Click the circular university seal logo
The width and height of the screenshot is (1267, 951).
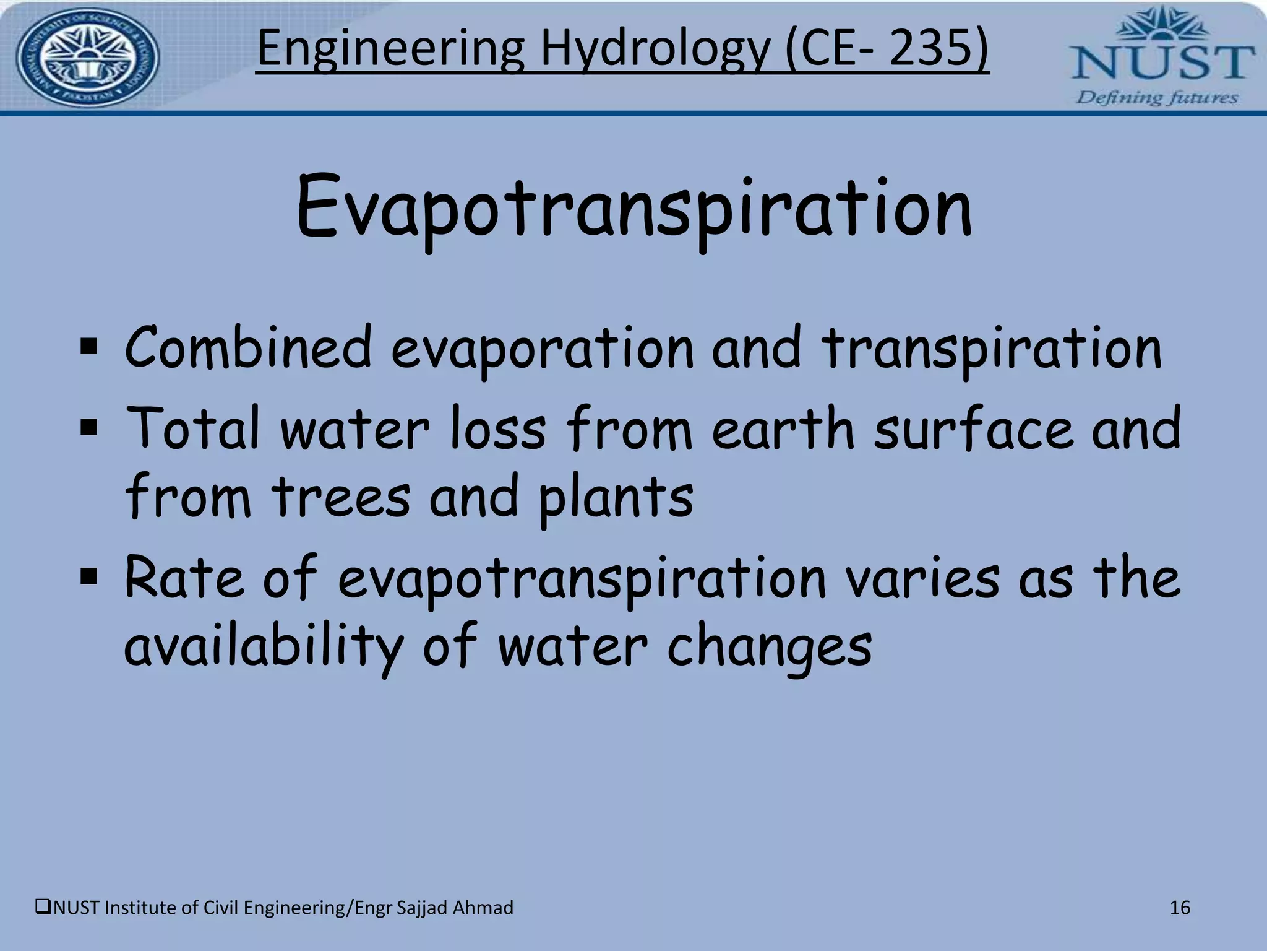[87, 58]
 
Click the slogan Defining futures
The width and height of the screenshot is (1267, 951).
[1157, 98]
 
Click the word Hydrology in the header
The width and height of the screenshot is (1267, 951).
[656, 50]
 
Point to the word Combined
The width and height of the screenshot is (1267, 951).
[247, 348]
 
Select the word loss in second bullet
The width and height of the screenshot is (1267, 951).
[497, 428]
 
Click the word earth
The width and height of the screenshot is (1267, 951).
[783, 428]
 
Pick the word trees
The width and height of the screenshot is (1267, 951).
[341, 497]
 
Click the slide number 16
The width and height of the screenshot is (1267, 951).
[1180, 908]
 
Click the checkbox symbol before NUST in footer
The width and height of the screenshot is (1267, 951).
[43, 908]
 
